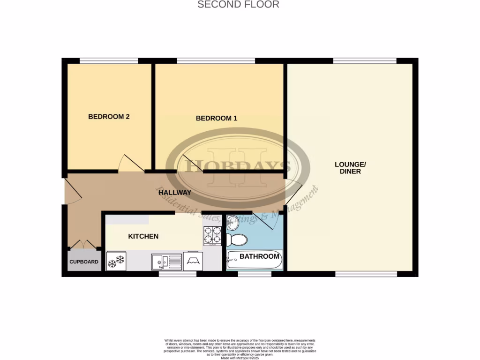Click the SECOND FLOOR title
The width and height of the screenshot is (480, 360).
click(238, 5)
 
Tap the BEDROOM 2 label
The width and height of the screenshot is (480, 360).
click(109, 117)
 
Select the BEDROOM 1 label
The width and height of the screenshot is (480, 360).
click(216, 119)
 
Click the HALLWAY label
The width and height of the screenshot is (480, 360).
click(174, 193)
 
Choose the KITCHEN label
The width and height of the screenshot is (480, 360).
click(143, 236)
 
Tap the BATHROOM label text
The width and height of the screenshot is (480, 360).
click(259, 256)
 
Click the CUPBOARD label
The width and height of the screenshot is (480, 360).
click(84, 262)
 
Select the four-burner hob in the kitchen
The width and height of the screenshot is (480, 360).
click(212, 235)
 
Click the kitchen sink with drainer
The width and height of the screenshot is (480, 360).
click(166, 262)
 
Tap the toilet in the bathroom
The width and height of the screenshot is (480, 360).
click(237, 240)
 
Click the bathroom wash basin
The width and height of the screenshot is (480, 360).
click(233, 223)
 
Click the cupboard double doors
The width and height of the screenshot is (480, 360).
click(83, 244)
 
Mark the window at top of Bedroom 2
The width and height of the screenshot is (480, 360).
click(109, 60)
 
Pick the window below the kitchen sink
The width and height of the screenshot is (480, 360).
click(177, 274)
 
